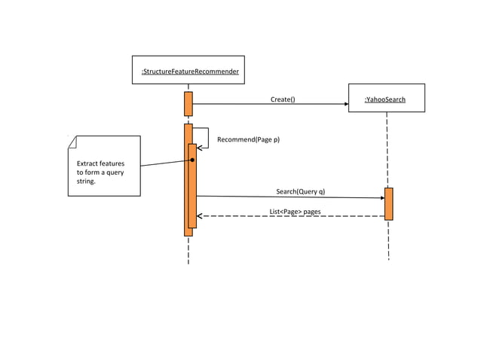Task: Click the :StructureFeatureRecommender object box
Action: coord(188,70)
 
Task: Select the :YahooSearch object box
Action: coord(386,98)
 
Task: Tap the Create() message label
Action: coord(283,99)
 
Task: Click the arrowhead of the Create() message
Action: coord(346,105)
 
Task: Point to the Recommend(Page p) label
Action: coord(248,139)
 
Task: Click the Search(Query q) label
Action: coord(300,191)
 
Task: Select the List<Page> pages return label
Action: coord(295,212)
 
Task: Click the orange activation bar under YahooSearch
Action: coord(388,203)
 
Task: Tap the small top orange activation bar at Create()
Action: coord(188,104)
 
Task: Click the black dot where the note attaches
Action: coord(193,160)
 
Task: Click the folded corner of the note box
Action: coord(71,139)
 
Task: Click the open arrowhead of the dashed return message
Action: coord(201,216)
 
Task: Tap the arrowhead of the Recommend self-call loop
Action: coord(201,148)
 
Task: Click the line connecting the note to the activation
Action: coord(166,163)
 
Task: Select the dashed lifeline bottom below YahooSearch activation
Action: coord(388,249)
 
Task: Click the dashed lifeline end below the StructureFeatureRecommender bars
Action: coord(188,256)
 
